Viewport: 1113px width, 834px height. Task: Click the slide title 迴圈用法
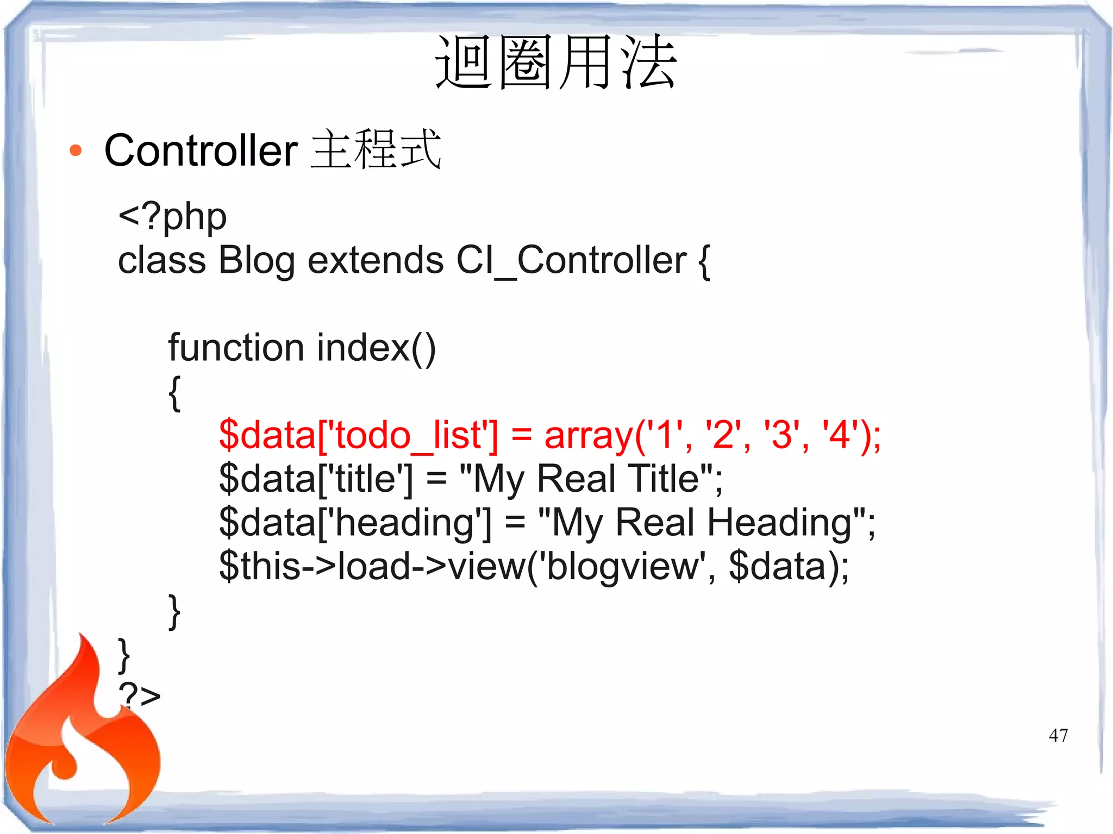point(556,62)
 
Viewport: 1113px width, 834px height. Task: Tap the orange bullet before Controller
point(76,151)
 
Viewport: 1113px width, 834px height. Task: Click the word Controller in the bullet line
point(201,151)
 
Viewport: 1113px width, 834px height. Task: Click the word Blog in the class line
point(257,261)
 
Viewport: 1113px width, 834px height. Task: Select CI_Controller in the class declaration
point(571,261)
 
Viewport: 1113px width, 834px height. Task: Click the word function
point(235,348)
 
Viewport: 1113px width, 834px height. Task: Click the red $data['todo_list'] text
point(358,436)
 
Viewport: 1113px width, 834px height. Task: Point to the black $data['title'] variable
point(316,479)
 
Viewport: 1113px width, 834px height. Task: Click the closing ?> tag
point(140,695)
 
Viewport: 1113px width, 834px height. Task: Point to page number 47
point(1058,736)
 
